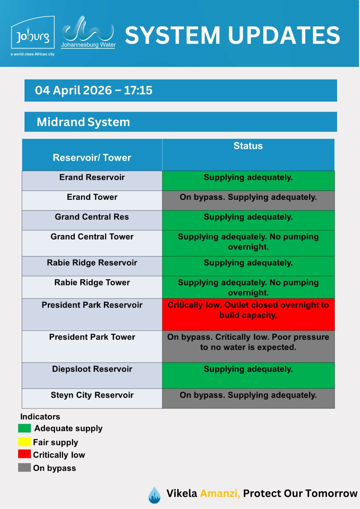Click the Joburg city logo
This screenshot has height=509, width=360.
pos(33,36)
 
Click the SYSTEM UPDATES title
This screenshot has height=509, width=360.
pos(232,35)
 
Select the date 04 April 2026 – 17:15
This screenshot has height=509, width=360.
pos(94,90)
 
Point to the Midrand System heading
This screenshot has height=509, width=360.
pos(83,122)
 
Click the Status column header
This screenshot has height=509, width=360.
pos(248,146)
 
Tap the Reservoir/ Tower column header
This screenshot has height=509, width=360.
pos(92,157)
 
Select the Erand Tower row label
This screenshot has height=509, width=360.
pos(92,197)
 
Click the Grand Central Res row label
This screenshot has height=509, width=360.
pos(92,217)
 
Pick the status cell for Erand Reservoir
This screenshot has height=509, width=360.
pos(248,181)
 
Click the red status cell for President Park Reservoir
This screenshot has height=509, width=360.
pos(248,314)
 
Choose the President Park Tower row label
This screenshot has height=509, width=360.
pos(92,337)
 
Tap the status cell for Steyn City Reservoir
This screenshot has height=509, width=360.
pos(248,398)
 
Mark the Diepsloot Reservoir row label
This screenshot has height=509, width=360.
pos(92,369)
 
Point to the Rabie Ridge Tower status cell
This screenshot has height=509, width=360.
pos(248,287)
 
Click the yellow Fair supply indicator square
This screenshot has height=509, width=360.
pos(25,442)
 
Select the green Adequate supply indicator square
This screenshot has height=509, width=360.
pos(25,428)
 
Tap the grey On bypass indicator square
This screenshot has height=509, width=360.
pos(25,468)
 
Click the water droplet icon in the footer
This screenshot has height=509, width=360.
pos(154,495)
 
